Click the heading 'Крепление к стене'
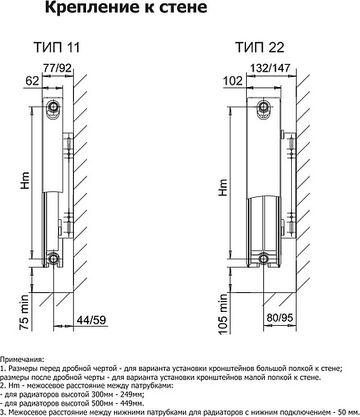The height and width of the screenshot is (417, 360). (x=126, y=8)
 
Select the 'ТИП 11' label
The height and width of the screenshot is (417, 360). (x=57, y=47)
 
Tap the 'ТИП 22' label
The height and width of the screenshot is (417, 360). (x=260, y=47)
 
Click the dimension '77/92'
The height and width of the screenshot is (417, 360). (x=57, y=67)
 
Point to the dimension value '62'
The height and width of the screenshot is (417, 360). (x=32, y=80)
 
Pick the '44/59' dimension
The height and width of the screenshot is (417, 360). (x=91, y=319)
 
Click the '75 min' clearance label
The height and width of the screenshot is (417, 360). (x=25, y=313)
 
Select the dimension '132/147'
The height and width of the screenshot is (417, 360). (x=270, y=67)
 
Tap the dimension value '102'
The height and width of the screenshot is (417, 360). (x=233, y=80)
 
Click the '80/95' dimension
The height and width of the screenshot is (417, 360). (x=280, y=318)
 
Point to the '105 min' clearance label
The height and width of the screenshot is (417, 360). (x=223, y=314)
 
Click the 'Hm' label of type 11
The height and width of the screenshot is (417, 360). (x=25, y=181)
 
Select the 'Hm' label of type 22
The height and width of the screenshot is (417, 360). (x=223, y=187)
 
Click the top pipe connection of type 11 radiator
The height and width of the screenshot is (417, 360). (x=52, y=106)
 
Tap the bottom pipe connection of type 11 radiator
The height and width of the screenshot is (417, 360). (x=52, y=258)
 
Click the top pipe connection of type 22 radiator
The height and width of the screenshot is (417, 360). (x=263, y=107)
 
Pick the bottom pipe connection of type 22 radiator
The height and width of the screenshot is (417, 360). (x=263, y=259)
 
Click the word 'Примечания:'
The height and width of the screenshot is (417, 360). (x=22, y=360)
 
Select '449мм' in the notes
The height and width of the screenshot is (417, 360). (x=132, y=404)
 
